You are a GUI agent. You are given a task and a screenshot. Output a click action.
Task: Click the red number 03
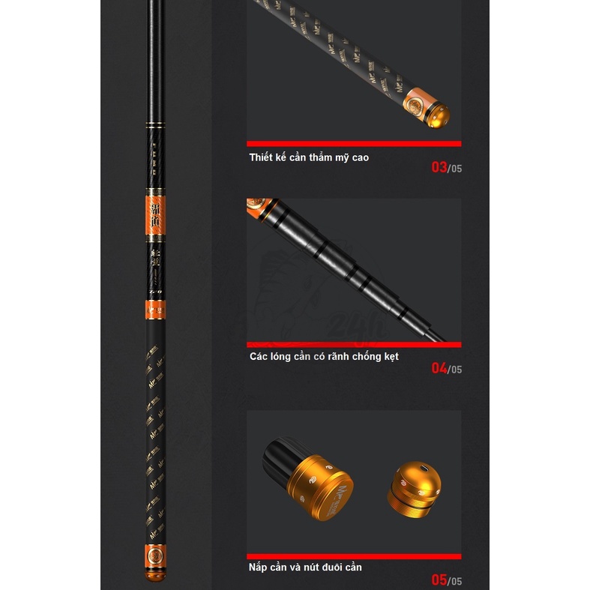439,167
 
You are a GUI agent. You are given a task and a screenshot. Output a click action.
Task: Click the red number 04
439,368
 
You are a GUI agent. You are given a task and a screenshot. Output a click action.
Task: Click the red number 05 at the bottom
439,580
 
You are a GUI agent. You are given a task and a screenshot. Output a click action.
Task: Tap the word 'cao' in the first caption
357,157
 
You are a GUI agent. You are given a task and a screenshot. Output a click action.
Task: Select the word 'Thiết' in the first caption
262,157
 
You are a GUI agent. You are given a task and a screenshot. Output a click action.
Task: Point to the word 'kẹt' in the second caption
388,356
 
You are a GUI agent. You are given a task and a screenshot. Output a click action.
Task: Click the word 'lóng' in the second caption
286,356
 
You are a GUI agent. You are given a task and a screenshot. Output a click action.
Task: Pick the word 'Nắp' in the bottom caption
259,567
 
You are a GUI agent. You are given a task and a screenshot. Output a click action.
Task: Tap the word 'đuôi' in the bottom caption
327,567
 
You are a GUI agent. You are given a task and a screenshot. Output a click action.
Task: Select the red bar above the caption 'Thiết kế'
354,144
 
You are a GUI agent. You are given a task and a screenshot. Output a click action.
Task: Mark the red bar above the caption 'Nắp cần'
354,556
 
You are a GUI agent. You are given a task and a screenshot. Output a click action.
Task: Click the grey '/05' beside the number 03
455,169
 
